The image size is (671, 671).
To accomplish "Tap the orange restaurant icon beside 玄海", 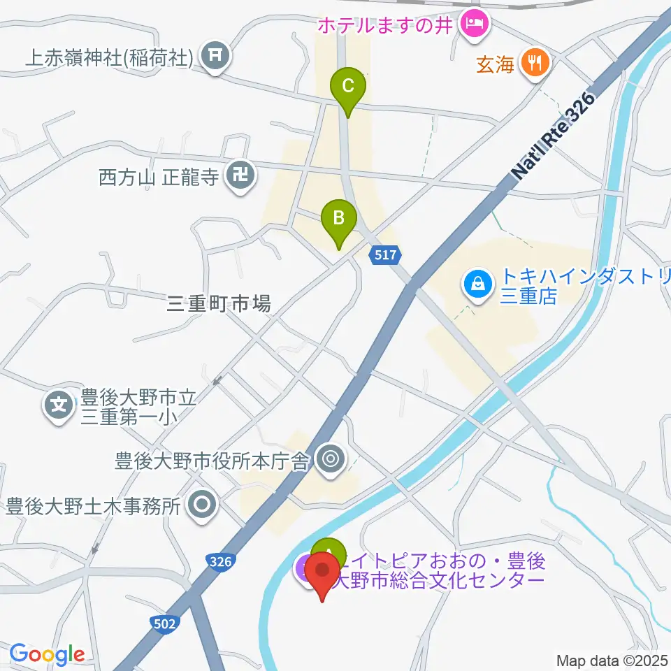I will [535, 64].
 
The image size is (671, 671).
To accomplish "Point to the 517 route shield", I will [387, 257].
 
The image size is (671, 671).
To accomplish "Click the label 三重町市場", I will [219, 303].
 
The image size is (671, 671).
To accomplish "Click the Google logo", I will [47, 655].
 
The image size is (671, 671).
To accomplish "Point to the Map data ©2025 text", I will [612, 660].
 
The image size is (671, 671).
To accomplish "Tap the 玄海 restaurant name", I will [496, 65].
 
